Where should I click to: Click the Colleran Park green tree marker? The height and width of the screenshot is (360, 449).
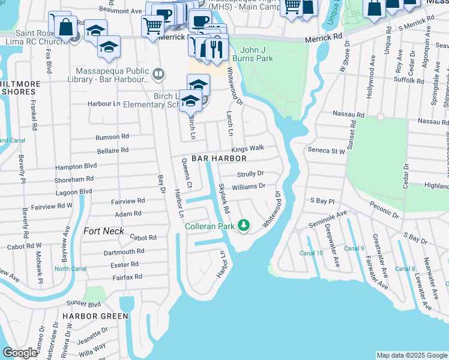coord(243,226)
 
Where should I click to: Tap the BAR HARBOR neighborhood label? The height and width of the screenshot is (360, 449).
coord(219,158)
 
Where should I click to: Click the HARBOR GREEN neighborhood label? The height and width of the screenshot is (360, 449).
coord(98,316)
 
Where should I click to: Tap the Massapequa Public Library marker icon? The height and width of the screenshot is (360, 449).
coord(158,74)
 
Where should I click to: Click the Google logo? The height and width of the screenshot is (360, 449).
coord(20,353)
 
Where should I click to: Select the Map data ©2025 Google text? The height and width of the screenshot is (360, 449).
coord(412,355)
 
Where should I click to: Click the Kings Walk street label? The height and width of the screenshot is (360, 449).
coord(248,148)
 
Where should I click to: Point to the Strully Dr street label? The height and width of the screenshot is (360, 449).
coord(250,173)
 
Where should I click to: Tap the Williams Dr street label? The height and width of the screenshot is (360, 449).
coord(249,187)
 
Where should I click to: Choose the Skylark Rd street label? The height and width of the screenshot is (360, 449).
coord(223,199)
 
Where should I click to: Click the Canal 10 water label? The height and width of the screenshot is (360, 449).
coord(311,253)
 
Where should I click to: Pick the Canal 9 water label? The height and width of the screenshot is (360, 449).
coord(354,248)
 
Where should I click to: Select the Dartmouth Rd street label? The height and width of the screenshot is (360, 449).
coord(124,252)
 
